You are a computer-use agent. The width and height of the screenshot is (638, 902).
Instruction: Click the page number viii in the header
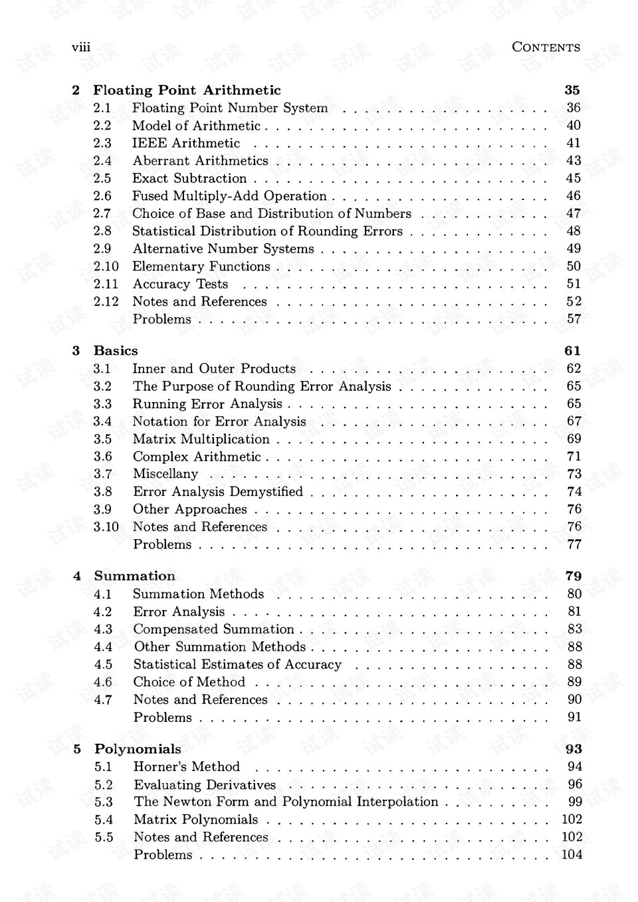[x=80, y=47]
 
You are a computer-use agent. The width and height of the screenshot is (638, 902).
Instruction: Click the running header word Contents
[x=546, y=47]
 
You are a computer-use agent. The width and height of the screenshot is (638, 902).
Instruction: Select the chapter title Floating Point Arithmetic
[x=187, y=90]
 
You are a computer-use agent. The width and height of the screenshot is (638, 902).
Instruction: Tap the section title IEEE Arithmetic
[x=185, y=143]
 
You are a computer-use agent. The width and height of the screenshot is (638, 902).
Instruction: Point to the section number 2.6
[x=102, y=196]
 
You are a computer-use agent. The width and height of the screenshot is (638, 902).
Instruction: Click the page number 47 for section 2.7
[x=573, y=213]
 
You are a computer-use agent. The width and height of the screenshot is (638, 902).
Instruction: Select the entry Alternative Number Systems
[x=223, y=249]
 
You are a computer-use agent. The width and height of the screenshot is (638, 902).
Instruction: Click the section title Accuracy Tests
[x=180, y=284]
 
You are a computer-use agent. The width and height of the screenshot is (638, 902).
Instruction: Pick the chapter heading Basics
[x=116, y=351]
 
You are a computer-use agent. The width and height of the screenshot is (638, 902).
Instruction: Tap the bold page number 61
[x=572, y=351]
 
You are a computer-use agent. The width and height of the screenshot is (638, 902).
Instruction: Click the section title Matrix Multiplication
[x=201, y=439]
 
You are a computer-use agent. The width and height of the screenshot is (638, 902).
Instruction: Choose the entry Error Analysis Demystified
[x=217, y=492]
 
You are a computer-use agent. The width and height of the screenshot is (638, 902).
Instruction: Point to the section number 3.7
[x=102, y=474]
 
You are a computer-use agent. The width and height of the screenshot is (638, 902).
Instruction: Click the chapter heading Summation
[x=134, y=576]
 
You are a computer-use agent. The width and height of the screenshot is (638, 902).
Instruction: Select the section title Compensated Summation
[x=213, y=629]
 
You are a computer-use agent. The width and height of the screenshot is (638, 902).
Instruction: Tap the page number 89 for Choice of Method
[x=574, y=682]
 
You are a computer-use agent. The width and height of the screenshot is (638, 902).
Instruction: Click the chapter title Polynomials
[x=138, y=749]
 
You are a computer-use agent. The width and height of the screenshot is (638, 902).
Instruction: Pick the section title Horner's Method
[x=186, y=767]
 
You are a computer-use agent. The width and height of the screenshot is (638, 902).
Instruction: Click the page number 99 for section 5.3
[x=574, y=802]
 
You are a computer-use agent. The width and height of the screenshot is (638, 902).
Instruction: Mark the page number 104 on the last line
[x=572, y=855]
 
